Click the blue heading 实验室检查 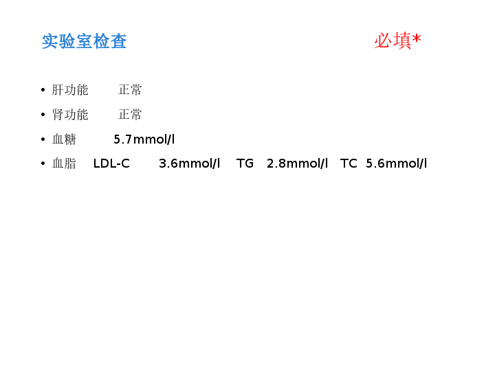[x=85, y=41]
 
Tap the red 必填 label [x=393, y=41]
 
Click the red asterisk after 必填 [x=417, y=39]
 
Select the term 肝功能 [x=70, y=90]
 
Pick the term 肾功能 [x=70, y=115]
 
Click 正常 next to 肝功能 [x=130, y=90]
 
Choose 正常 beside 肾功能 [x=130, y=115]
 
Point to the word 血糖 [x=64, y=139]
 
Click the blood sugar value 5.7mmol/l [x=144, y=139]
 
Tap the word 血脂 [x=64, y=164]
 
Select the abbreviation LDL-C [x=111, y=164]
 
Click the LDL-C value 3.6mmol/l [x=190, y=164]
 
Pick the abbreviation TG [x=245, y=164]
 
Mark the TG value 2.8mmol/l [x=298, y=164]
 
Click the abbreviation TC [x=349, y=164]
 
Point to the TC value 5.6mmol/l [x=397, y=164]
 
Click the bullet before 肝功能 [x=43, y=90]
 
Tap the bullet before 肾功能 [x=43, y=115]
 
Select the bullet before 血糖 [x=43, y=139]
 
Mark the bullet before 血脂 [x=43, y=164]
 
